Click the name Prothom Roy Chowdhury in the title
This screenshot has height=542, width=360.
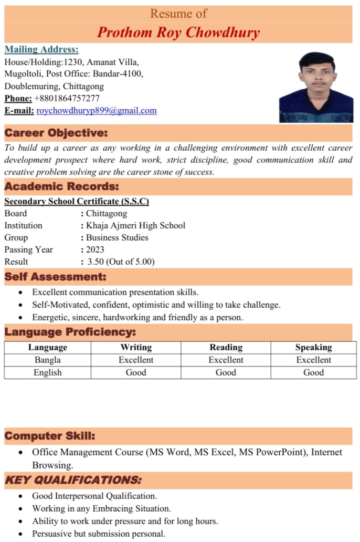[178, 33]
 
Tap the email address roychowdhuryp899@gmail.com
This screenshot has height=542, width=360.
[97, 110]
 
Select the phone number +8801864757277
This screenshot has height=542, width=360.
[67, 98]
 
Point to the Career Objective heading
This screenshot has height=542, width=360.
[56, 133]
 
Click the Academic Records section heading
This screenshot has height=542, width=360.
[61, 186]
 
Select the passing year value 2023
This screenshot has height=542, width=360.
[95, 249]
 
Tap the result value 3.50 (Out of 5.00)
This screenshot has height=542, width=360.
[121, 262]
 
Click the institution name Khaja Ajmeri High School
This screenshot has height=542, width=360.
[135, 225]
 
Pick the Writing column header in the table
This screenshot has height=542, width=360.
[136, 347]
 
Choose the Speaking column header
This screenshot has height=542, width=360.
[313, 347]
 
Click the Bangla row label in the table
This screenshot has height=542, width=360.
[48, 360]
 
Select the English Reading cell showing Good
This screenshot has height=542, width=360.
[226, 372]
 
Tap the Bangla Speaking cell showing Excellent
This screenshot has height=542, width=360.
[313, 360]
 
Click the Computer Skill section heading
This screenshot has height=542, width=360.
[50, 436]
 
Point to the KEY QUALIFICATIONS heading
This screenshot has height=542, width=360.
[73, 480]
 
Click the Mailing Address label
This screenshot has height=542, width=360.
[41, 49]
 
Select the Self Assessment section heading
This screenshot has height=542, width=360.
[55, 276]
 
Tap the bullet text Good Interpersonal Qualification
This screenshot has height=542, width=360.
[94, 495]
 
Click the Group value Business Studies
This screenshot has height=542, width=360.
[117, 237]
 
